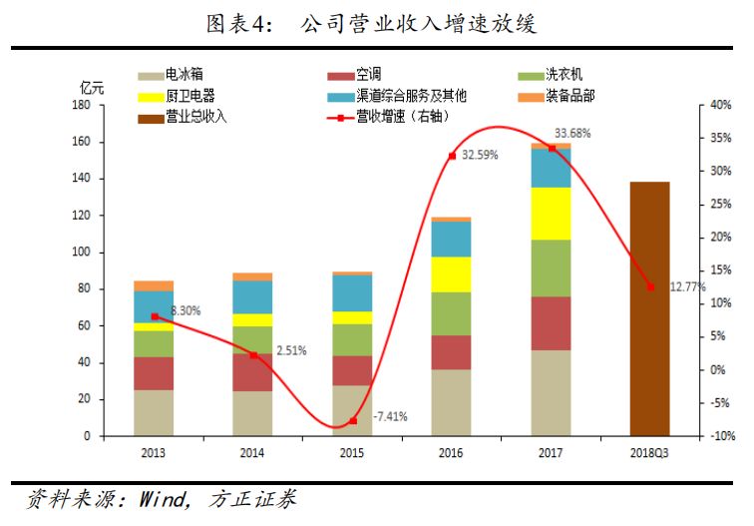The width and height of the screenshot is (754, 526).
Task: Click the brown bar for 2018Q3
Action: coord(649,308)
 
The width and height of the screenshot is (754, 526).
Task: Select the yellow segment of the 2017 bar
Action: coord(551,214)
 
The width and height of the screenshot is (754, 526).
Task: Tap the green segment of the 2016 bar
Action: coord(451,313)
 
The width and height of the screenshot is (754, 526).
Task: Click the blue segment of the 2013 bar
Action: coord(154,306)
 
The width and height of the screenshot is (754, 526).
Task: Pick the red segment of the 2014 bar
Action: coord(252,372)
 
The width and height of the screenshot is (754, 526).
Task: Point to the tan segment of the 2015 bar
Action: coord(352,410)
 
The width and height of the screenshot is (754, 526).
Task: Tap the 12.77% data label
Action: coord(688,287)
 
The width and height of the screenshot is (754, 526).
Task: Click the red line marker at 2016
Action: coord(451,156)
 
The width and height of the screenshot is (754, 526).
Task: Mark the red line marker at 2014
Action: coord(252,354)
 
